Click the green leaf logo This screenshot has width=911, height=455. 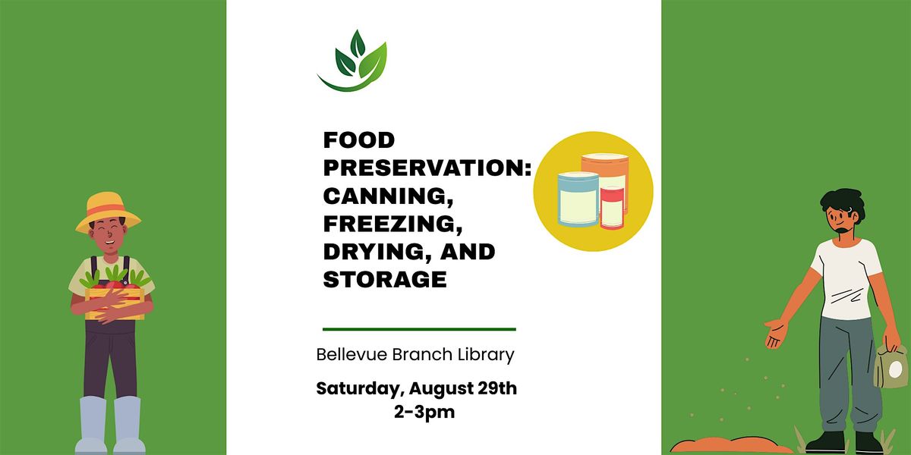352,61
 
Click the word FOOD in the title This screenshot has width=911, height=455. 359,140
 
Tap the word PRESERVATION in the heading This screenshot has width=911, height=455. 424,168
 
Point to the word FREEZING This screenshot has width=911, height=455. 393,224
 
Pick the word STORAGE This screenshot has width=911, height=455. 385,280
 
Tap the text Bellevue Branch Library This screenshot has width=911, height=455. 415,355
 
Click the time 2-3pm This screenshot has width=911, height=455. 424,412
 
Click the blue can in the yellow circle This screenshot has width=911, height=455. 578,199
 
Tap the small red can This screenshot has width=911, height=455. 612,207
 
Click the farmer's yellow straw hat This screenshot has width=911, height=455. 108,212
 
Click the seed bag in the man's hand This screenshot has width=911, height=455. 891,366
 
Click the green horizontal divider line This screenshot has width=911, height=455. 419,329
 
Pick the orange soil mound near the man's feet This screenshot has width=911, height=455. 731,446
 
